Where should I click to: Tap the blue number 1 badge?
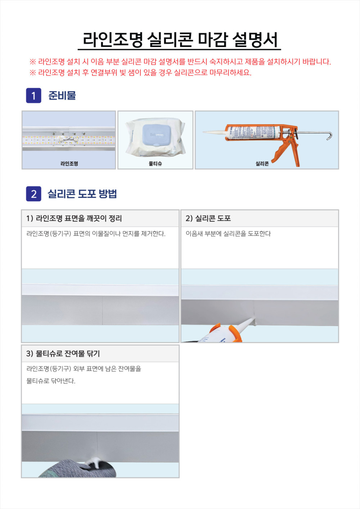[x=33, y=95]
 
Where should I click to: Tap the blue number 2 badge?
[x=33, y=194]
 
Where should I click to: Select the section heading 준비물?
[x=62, y=95]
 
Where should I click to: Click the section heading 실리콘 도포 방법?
[x=82, y=194]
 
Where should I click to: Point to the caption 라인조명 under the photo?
[x=69, y=163]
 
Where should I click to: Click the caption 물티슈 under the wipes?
[x=155, y=163]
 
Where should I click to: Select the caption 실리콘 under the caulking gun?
[x=262, y=163]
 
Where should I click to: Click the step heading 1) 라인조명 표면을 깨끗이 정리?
[x=74, y=219]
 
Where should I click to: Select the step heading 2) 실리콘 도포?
[x=208, y=219]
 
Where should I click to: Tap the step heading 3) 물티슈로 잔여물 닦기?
[x=63, y=353]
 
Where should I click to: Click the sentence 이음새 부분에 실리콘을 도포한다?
[x=228, y=234]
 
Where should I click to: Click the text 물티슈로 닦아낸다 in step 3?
[x=51, y=381]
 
